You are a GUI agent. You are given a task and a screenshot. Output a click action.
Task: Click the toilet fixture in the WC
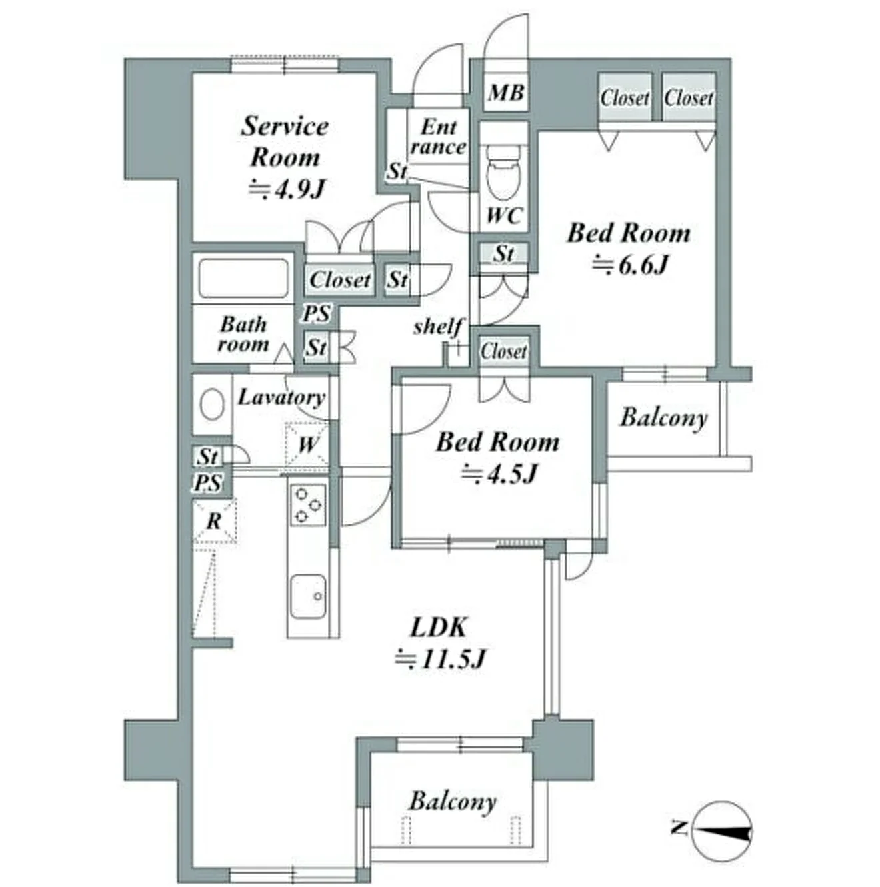coord(503,173)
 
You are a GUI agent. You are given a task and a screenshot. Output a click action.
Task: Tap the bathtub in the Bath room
coord(243,278)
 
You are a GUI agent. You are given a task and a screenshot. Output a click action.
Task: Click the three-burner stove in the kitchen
coord(308,505)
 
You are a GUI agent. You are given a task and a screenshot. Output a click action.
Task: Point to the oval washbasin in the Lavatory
coord(212,404)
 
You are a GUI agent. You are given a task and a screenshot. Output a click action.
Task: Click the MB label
coord(506,93)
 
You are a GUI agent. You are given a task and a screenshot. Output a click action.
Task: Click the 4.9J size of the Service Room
coord(287,189)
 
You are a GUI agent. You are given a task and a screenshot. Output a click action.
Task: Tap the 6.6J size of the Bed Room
coord(629,265)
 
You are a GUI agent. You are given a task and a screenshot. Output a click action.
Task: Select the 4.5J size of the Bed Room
coord(499,473)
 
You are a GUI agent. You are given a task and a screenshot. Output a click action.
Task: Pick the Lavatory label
coord(282,397)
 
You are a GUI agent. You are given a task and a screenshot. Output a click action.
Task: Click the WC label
coord(505,215)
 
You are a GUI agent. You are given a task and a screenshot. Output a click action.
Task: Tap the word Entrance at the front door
coord(439,137)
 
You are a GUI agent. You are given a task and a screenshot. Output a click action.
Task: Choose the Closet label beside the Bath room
coord(340,280)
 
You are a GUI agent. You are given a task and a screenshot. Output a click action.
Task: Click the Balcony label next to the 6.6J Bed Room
coord(664,418)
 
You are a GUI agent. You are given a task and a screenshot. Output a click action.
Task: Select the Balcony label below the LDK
coord(453,802)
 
